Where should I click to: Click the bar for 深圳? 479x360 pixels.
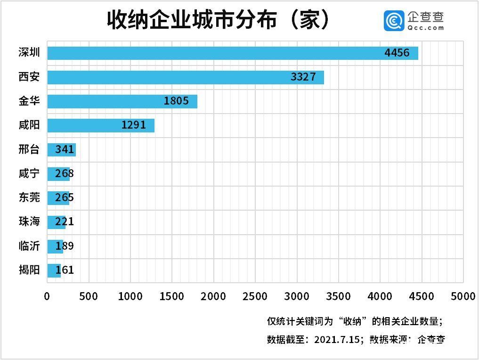(232, 53)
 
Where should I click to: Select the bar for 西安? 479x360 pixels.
(185, 77)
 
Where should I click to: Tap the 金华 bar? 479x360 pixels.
(122, 101)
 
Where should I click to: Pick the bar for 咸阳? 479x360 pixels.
(101, 125)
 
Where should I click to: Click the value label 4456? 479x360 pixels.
(397, 53)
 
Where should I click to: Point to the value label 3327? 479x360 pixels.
(303, 77)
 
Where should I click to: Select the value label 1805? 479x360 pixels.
(176, 101)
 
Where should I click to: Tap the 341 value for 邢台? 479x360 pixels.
(65, 150)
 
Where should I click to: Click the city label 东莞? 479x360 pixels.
(29, 198)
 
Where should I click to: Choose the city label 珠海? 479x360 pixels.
(29, 222)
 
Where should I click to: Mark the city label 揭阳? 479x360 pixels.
(29, 270)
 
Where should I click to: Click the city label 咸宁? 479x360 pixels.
(29, 174)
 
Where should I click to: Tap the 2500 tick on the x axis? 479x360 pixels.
(255, 296)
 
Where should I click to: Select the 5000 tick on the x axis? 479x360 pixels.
(463, 296)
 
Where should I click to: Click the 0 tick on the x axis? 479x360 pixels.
(47, 296)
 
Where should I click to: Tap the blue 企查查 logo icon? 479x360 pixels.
(393, 21)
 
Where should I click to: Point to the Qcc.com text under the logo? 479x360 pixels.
(426, 28)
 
